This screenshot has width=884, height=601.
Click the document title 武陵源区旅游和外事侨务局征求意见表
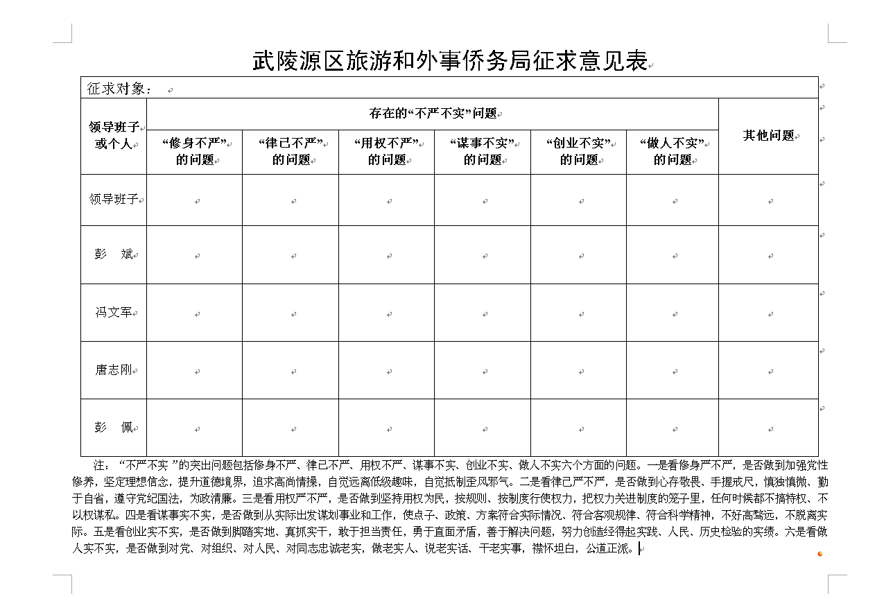(449, 62)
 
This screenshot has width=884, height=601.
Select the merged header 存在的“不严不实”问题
(433, 114)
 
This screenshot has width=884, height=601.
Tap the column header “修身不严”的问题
(194, 151)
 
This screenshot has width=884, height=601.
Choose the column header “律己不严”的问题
(291, 151)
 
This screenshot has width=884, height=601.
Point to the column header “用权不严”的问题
(386, 151)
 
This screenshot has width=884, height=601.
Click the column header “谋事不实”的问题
(483, 151)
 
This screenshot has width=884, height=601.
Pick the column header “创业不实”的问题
(578, 151)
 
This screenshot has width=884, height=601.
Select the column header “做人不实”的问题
(673, 151)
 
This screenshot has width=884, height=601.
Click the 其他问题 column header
(768, 135)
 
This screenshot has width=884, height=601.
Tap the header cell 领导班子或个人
(114, 135)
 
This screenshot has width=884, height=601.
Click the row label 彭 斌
(114, 254)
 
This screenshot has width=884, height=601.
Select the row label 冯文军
(114, 312)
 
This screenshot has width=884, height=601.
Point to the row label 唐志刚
(114, 369)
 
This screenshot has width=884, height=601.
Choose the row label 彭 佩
(114, 427)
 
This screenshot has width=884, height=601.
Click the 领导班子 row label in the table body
(114, 200)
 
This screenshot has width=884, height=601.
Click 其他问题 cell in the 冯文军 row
(768, 313)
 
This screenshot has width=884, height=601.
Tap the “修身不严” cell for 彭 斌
(194, 254)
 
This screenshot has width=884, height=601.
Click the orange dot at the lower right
(820, 553)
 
